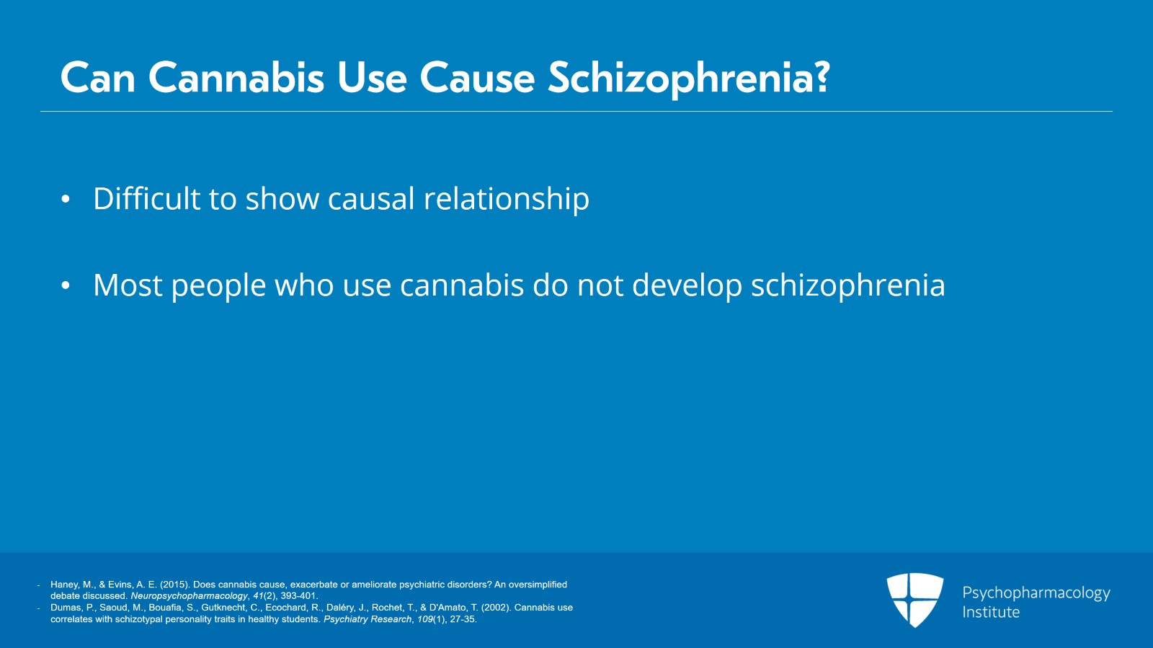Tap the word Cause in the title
(477, 79)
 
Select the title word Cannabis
(236, 79)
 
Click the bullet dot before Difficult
(66, 199)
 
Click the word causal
(371, 199)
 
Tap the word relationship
(507, 200)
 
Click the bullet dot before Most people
(66, 285)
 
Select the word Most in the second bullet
(128, 285)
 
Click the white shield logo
(914, 600)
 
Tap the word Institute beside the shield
(991, 612)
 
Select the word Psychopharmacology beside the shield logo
(1036, 593)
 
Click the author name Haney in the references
(65, 585)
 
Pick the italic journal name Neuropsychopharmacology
(189, 596)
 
